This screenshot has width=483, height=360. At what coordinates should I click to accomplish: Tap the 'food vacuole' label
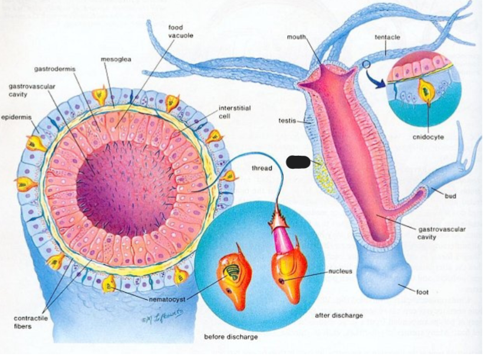(181, 31)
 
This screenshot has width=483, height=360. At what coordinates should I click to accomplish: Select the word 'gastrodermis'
(55, 69)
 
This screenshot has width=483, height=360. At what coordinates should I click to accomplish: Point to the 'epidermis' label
(17, 117)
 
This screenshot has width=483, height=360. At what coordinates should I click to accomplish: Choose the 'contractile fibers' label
(31, 322)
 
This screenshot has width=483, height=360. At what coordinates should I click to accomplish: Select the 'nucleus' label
(340, 271)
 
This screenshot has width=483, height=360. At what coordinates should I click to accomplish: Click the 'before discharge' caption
(231, 337)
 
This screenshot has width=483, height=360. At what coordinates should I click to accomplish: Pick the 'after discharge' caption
(339, 315)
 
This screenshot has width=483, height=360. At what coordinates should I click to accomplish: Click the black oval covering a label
(297, 162)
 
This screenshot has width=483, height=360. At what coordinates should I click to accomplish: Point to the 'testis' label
(287, 121)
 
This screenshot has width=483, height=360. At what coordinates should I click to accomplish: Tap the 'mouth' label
(296, 37)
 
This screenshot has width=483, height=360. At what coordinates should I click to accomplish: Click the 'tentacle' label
(387, 37)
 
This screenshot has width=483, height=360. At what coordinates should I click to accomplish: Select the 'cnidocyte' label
(429, 137)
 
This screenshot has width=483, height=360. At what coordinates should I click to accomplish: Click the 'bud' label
(451, 196)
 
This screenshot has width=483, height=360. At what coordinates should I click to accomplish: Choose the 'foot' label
(422, 292)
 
